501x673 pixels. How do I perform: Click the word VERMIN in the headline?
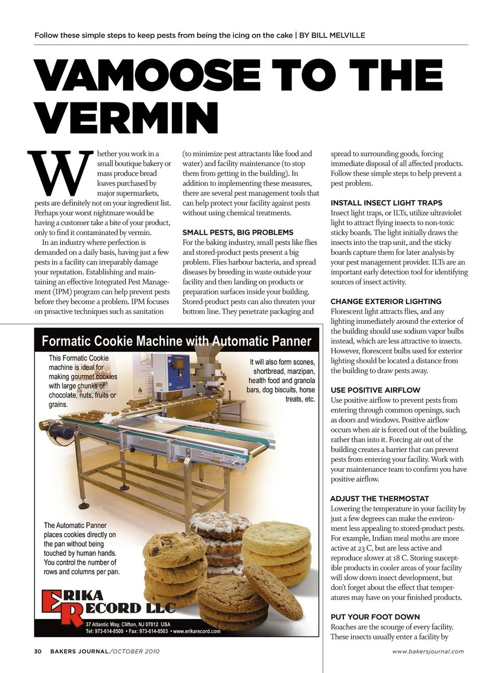(x=126, y=117)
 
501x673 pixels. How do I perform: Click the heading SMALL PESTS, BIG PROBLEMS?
(x=237, y=232)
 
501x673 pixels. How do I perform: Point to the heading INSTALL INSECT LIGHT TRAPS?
(x=386, y=203)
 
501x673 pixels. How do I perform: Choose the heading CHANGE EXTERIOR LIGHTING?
(x=386, y=301)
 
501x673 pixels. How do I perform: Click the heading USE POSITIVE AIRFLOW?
(x=375, y=390)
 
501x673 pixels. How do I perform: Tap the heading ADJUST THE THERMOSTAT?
(x=379, y=499)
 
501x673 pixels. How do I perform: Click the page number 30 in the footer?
(x=38, y=651)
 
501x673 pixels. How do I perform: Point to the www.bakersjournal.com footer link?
(x=427, y=651)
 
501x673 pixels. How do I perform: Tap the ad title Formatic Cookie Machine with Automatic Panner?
(x=176, y=341)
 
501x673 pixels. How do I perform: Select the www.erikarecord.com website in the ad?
(x=198, y=631)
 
